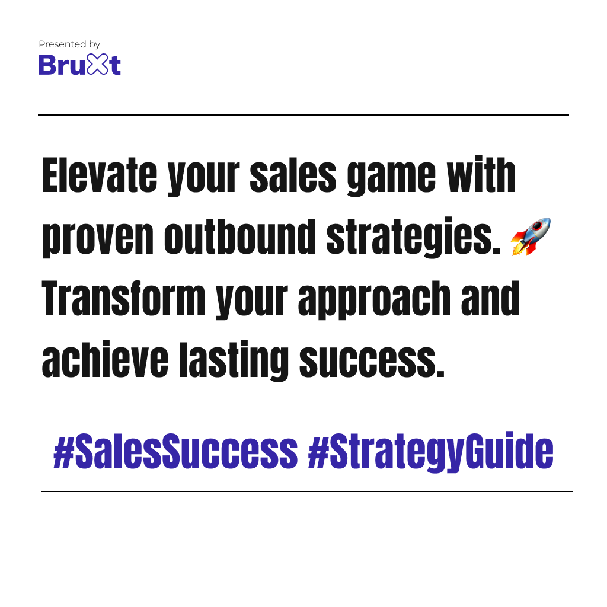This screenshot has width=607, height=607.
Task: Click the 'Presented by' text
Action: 69,44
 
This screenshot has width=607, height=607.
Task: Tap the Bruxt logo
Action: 79,64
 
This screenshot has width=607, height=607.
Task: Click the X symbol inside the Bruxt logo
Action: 97,64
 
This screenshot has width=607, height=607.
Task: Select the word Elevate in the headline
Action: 100,175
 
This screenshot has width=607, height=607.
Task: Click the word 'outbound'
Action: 240,236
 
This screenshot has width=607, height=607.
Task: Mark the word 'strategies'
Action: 414,237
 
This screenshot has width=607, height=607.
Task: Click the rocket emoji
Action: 531,237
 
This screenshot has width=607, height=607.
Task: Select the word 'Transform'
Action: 123,299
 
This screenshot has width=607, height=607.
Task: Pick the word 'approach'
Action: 375,301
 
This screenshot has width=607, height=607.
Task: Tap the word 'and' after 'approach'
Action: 490,299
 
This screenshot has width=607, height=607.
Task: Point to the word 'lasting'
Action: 234,362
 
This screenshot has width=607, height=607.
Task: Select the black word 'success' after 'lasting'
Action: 372,362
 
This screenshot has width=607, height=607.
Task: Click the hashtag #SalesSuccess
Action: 175,451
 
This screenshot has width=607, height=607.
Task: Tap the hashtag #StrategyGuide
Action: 430,452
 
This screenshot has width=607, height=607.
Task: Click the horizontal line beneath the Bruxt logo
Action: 303,115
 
